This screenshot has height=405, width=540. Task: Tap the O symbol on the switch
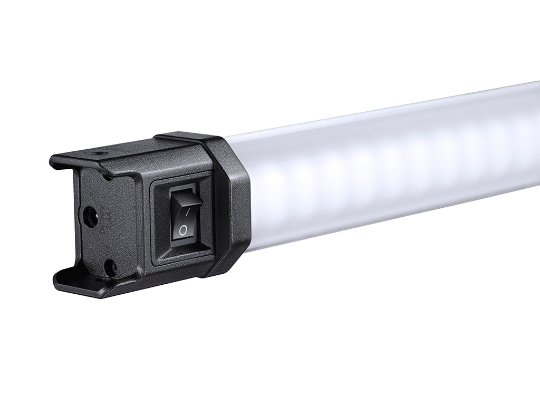coord(183,230)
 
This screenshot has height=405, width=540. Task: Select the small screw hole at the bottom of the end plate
coord(109,267)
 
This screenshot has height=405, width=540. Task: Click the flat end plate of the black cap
coord(100,237)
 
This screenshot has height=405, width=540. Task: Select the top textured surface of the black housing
coord(137,150)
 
